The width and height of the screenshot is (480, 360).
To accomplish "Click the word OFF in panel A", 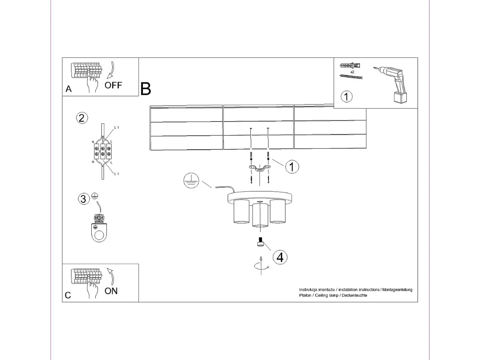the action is pyautogui.click(x=113, y=85).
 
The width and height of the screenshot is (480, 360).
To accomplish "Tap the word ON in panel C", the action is pyautogui.click(x=111, y=291).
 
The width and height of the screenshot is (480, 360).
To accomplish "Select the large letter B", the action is pyautogui.click(x=146, y=89).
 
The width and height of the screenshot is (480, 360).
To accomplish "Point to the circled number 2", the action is pyautogui.click(x=82, y=118).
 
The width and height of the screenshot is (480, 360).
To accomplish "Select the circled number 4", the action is pyautogui.click(x=280, y=257).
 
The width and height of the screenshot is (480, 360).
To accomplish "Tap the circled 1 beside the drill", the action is pyautogui.click(x=346, y=97).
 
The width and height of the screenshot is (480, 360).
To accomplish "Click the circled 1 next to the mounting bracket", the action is pyautogui.click(x=292, y=167).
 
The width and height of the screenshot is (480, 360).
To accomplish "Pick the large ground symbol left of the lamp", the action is pyautogui.click(x=191, y=181).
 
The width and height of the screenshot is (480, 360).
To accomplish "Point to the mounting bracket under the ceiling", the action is pyautogui.click(x=260, y=169).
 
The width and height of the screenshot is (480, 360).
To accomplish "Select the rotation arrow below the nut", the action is pyautogui.click(x=261, y=266).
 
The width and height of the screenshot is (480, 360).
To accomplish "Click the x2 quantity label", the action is pyautogui.click(x=352, y=72).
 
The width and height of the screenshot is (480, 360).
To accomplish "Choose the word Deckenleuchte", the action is pyautogui.click(x=354, y=295).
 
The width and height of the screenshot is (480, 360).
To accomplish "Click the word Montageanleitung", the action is pyautogui.click(x=397, y=290).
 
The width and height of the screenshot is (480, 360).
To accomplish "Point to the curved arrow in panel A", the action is pyautogui.click(x=111, y=70).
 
